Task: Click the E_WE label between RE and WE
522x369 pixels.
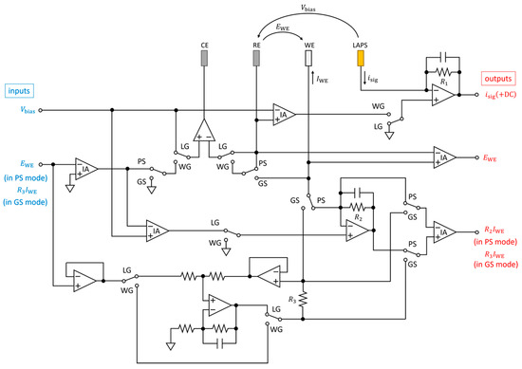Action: coord(283,28)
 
